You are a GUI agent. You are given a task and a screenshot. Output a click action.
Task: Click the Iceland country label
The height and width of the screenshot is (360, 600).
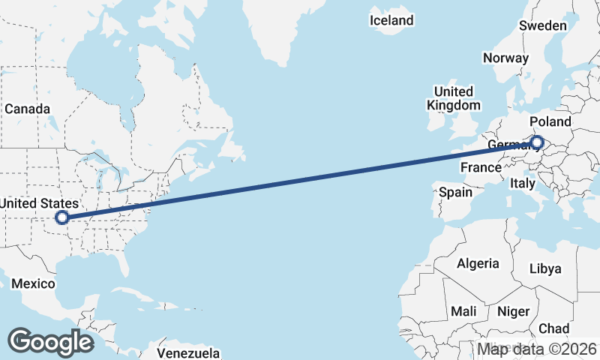[391, 20]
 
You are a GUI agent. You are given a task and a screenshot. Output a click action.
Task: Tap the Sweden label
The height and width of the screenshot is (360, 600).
[543, 25]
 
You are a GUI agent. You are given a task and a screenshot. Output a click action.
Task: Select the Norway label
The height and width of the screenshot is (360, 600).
[506, 58]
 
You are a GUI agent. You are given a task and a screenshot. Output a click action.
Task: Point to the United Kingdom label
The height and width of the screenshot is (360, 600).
[453, 98]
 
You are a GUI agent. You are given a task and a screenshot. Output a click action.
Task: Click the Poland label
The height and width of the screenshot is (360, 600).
[550, 121]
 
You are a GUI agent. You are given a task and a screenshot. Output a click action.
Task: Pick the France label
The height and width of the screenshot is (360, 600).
[481, 167]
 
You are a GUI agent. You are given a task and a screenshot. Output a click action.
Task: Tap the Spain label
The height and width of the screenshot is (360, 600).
[456, 192]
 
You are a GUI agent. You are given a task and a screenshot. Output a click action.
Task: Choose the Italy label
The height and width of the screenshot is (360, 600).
[522, 183]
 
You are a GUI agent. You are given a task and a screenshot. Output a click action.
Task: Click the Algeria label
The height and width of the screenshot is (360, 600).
[478, 263]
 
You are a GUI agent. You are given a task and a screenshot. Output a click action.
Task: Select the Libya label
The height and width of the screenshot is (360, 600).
[544, 268]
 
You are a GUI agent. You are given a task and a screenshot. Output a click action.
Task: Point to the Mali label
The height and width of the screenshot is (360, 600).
[463, 311]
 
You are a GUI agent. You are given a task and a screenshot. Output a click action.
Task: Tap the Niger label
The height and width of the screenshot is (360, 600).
[514, 311]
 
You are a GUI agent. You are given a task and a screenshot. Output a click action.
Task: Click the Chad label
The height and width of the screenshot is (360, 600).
[553, 328]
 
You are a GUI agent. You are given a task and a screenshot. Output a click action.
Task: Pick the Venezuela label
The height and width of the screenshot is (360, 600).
[189, 352]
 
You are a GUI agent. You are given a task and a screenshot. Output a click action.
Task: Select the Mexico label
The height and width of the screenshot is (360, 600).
[33, 283]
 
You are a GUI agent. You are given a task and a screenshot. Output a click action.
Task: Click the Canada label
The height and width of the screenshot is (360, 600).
[27, 109]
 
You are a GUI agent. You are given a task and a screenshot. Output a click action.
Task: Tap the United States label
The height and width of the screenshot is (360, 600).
[39, 203]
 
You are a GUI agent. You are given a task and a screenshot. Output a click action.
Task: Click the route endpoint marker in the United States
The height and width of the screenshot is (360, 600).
[62, 217]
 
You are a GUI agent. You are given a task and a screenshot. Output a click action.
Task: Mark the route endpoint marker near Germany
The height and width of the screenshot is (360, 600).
[537, 141]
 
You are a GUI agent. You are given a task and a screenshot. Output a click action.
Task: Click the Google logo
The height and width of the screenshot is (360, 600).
[50, 341]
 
